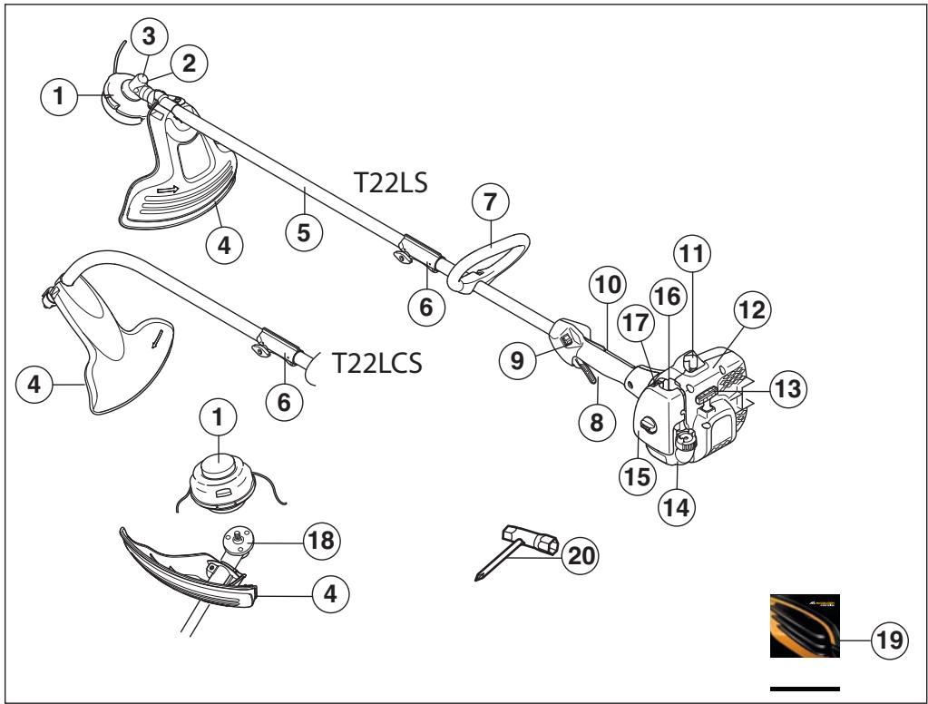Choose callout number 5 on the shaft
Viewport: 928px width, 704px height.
305,232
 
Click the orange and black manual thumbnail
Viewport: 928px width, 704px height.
805,626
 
